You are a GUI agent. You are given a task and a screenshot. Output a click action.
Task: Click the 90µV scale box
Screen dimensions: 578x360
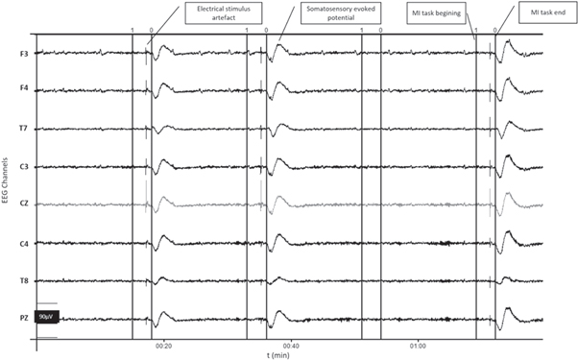click(46, 317)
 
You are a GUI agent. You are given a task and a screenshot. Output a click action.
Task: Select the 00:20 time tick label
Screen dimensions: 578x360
click(163, 345)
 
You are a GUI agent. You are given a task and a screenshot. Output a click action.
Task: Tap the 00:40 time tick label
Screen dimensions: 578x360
click(290, 345)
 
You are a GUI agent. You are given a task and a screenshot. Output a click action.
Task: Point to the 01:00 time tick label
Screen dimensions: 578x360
click(418, 345)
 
